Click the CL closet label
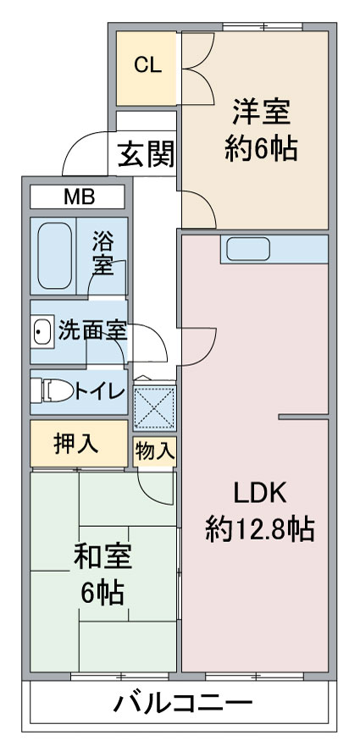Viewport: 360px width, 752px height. coord(147,65)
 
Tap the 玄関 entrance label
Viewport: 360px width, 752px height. coord(146,154)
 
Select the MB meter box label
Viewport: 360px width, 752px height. coord(80,196)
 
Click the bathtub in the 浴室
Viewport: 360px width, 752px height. coord(55,256)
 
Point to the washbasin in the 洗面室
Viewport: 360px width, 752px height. coord(42,330)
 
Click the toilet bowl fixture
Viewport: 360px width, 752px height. coord(52,391)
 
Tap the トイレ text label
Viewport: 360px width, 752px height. coord(99,392)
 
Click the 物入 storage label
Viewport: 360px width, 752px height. coord(154,451)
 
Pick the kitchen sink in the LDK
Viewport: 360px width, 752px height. coord(248,249)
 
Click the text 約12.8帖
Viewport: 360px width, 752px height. coord(260,529)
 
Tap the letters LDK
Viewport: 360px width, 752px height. coord(260,494)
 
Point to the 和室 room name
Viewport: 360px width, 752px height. coord(102,558)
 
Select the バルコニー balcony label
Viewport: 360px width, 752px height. coord(182,705)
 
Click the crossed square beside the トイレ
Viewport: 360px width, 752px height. coord(154,407)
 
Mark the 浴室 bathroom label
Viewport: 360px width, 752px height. coord(103,254)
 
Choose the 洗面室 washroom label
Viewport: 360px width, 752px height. coord(92,330)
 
